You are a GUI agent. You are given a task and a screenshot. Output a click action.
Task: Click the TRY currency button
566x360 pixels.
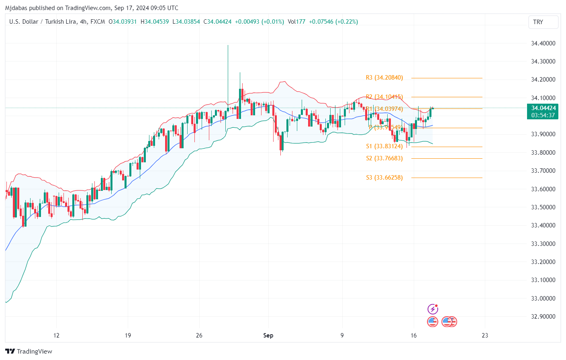click(x=543, y=22)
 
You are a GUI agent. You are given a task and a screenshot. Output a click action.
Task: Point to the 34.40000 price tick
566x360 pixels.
click(x=543, y=43)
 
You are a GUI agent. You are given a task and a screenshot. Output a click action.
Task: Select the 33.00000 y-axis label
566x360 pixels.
click(x=543, y=299)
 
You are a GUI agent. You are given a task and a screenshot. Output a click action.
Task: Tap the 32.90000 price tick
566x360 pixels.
click(x=543, y=317)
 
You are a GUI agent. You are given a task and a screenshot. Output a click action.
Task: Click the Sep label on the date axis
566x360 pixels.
click(x=268, y=335)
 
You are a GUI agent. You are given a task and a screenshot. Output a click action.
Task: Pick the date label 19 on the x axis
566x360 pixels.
click(x=128, y=335)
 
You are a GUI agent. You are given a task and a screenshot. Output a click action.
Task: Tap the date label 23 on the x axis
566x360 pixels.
click(x=485, y=335)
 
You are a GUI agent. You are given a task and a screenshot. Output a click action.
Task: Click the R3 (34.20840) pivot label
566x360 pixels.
click(x=384, y=78)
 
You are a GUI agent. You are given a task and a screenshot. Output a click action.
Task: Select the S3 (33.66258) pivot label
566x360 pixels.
click(x=384, y=178)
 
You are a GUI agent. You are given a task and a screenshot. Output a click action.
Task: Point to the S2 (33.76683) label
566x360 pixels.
click(x=384, y=158)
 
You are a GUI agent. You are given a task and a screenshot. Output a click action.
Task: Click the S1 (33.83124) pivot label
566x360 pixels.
click(x=384, y=147)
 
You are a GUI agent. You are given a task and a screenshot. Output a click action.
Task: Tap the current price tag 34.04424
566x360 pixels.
click(x=543, y=108)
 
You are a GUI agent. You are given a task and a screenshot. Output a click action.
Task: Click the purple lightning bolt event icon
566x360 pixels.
click(x=433, y=309)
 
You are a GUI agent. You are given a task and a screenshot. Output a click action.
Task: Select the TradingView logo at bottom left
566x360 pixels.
click(x=29, y=352)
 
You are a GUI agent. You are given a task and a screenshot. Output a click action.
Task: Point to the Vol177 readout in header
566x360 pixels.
click(x=296, y=22)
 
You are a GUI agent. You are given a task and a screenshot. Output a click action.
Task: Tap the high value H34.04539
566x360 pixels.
click(x=155, y=22)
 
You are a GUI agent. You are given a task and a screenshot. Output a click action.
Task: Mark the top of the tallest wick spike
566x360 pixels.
click(x=228, y=45)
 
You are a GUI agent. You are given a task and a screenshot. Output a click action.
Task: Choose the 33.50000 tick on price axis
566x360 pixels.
click(x=543, y=207)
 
